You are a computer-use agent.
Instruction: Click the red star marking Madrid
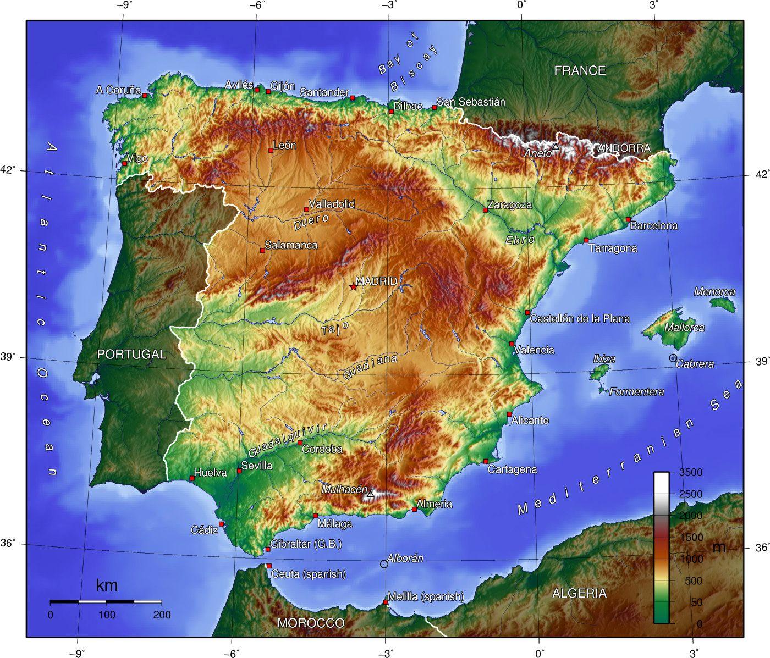(x=353, y=287)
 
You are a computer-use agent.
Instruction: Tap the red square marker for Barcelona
(x=628, y=219)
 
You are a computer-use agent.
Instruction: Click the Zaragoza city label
(x=510, y=204)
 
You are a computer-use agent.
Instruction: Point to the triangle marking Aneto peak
(x=555, y=147)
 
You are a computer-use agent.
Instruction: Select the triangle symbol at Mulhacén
(x=370, y=494)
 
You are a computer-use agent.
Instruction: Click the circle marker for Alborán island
(x=384, y=564)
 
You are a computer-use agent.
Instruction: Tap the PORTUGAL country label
(x=131, y=355)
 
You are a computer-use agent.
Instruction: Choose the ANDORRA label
(x=624, y=148)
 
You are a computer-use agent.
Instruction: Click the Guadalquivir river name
(x=287, y=440)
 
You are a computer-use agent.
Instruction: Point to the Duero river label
(x=311, y=222)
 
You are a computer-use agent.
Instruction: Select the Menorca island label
(x=714, y=291)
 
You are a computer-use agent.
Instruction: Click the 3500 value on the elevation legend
(x=691, y=472)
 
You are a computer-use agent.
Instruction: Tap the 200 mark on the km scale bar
(x=162, y=615)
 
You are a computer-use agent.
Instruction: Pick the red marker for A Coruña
(x=145, y=96)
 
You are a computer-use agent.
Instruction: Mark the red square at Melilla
(x=386, y=602)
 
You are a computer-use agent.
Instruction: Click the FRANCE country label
(x=580, y=70)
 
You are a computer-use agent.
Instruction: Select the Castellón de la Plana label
(x=580, y=318)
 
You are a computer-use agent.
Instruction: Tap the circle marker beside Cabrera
(x=673, y=358)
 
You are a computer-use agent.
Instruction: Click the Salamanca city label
(x=291, y=245)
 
